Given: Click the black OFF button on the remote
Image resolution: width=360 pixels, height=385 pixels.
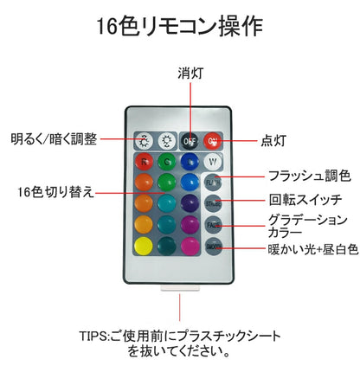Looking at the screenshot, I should [189, 140].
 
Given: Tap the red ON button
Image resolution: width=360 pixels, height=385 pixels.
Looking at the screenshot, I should [213, 140].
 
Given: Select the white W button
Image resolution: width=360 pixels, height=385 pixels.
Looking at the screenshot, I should [213, 162].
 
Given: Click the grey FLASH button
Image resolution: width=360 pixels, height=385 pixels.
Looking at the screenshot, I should [213, 183].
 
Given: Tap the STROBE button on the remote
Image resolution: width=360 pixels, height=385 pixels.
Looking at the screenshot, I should [213, 203].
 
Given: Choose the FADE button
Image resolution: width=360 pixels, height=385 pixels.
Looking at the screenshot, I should [213, 224].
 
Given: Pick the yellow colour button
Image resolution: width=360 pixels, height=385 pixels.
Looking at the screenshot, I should [144, 246].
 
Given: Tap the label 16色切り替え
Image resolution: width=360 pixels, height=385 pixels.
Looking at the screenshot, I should [54, 190].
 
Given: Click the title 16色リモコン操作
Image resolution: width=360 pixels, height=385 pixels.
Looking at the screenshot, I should [179, 26].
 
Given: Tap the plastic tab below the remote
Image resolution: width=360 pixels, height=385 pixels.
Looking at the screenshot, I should [180, 299].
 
